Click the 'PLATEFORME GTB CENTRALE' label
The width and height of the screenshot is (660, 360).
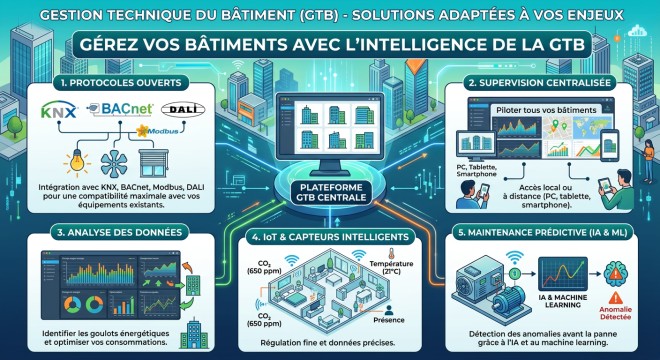click(329, 192)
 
